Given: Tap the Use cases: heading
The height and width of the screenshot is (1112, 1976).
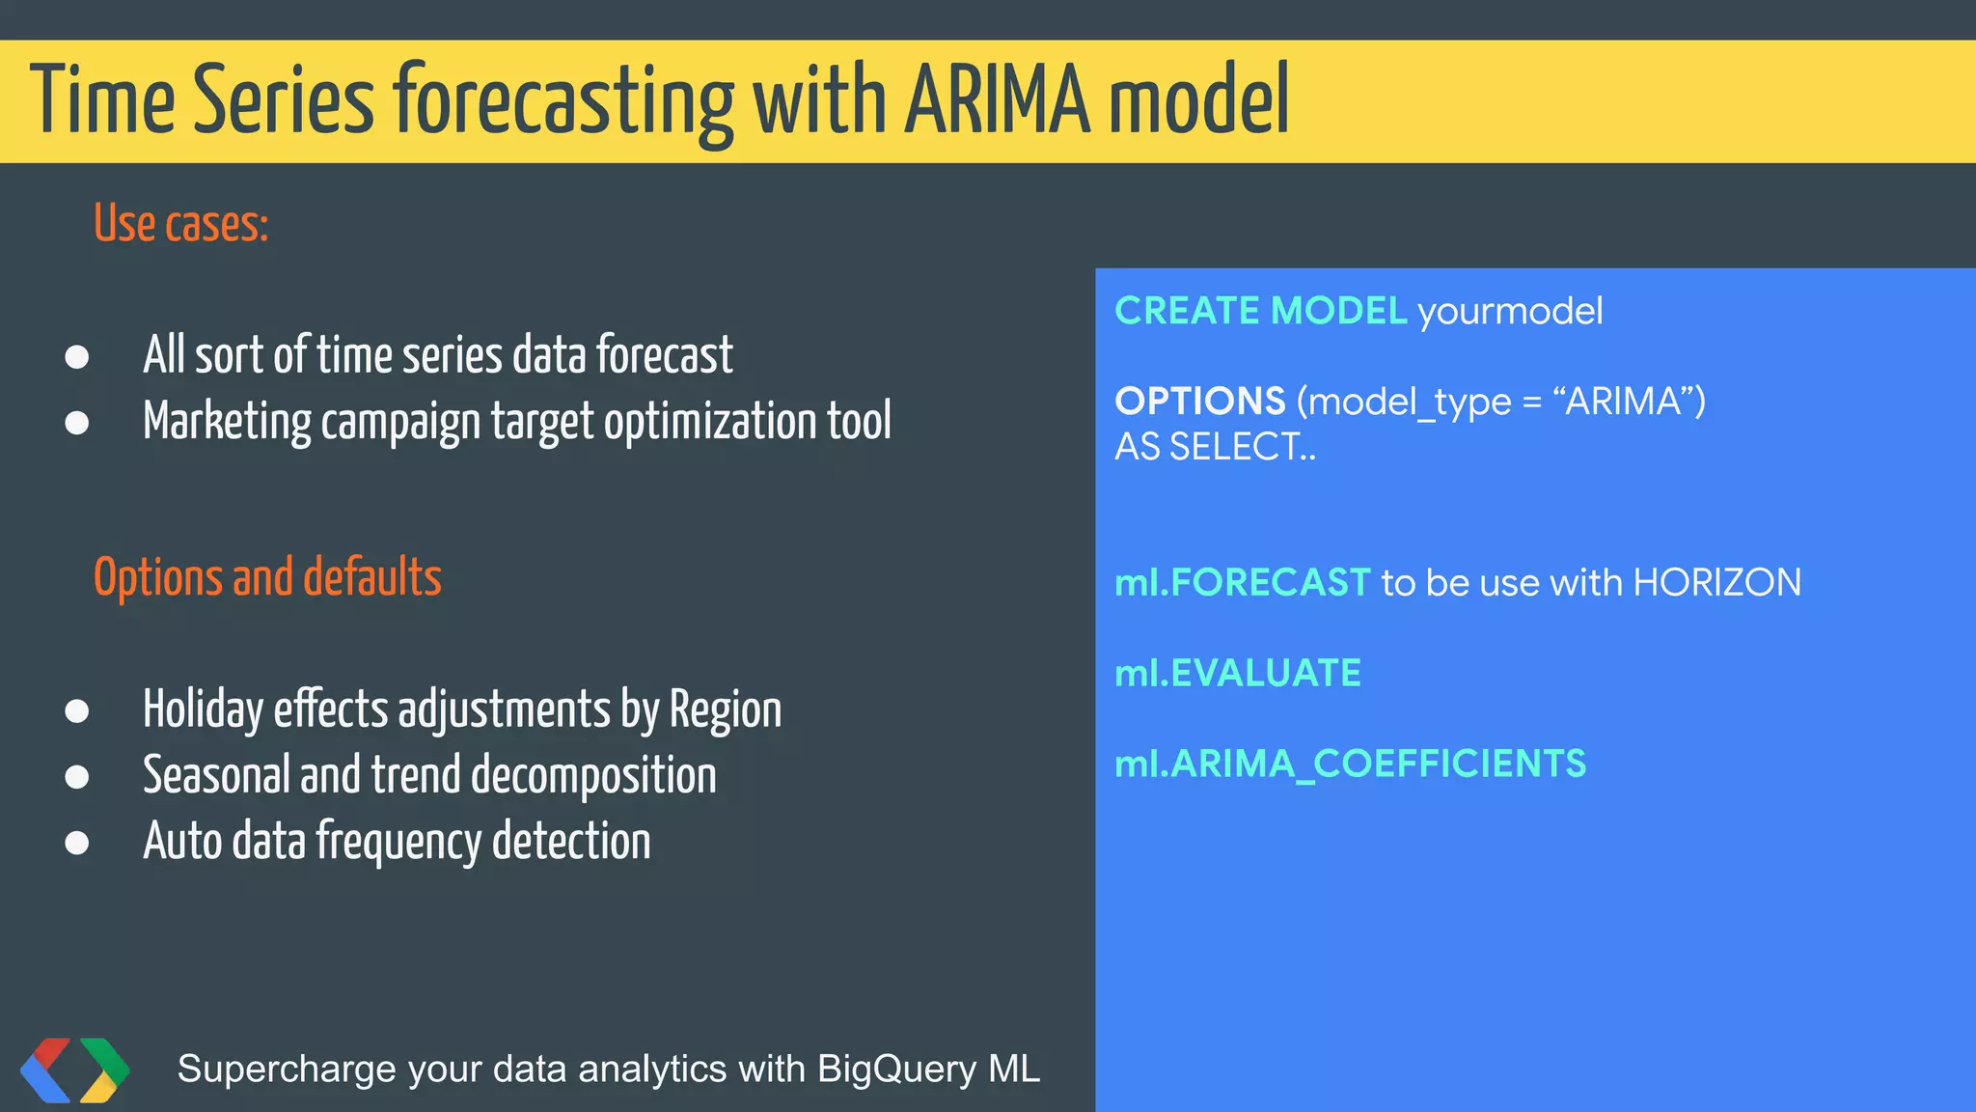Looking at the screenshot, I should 180,224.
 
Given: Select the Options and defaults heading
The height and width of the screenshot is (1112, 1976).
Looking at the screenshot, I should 267,577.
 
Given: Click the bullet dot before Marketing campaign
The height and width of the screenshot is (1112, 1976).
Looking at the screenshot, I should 77,423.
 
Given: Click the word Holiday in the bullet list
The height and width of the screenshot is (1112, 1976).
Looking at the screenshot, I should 203,709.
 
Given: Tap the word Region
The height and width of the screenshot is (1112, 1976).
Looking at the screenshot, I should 725,709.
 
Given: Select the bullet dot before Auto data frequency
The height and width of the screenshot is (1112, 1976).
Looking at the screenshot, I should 77,843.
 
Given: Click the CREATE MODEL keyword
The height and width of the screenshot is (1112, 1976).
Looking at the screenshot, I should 1260,311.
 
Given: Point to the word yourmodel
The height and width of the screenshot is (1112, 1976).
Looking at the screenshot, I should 1510,311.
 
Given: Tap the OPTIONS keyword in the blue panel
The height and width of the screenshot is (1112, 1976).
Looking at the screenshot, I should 1199,401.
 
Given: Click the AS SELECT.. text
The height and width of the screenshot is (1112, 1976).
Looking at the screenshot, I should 1215,446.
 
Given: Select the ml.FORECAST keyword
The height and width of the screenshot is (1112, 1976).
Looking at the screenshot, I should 1242,582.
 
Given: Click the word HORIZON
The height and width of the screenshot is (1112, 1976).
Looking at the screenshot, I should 1716,582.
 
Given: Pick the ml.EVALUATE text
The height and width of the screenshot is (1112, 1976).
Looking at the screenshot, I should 1237,673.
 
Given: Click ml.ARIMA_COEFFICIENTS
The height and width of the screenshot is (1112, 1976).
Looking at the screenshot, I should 1350,764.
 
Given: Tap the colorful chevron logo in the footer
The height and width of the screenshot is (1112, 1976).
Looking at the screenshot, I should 75,1070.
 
